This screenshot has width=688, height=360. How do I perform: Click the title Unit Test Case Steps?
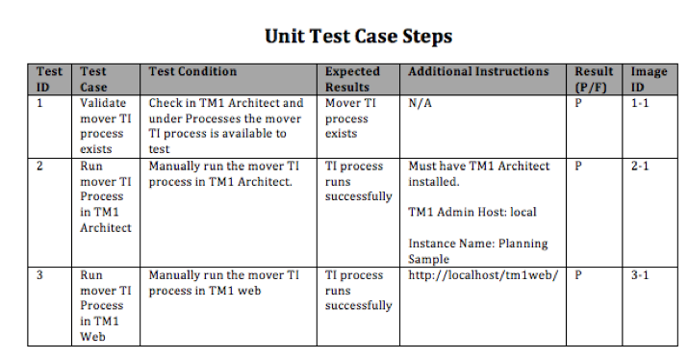(359, 37)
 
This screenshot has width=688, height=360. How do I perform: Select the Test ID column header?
(49, 79)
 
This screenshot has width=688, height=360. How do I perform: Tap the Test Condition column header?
(192, 71)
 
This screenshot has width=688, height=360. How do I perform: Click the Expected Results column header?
(352, 79)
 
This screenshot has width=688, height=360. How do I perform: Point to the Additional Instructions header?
(478, 71)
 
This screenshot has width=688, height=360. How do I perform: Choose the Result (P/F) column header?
(594, 79)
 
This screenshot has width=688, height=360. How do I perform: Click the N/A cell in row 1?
(420, 103)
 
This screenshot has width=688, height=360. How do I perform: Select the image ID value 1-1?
(640, 103)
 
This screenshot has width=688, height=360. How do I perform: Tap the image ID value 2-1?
(640, 167)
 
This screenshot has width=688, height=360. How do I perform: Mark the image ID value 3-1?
(640, 275)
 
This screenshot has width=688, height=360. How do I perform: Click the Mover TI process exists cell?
(346, 118)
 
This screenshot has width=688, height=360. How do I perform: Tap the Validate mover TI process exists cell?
(103, 126)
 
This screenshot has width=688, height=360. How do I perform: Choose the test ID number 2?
(40, 167)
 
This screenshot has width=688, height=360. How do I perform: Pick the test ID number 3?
(40, 275)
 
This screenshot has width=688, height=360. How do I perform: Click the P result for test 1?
(578, 103)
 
